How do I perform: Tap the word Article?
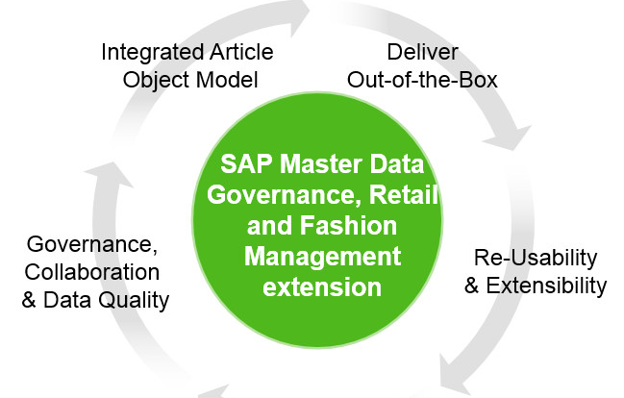[x=242, y=52]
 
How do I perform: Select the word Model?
[x=227, y=80]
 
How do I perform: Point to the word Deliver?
[x=423, y=52]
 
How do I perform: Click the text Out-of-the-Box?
[x=422, y=80]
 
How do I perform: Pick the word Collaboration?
[x=92, y=272]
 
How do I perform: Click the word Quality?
[x=134, y=301]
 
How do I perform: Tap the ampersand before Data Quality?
[x=29, y=300]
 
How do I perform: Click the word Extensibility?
[x=546, y=286]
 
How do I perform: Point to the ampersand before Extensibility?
[x=471, y=286]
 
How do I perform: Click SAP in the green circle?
[x=247, y=164]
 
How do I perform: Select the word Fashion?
[x=348, y=226]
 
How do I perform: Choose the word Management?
[x=322, y=258]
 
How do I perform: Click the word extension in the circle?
[x=322, y=286]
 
